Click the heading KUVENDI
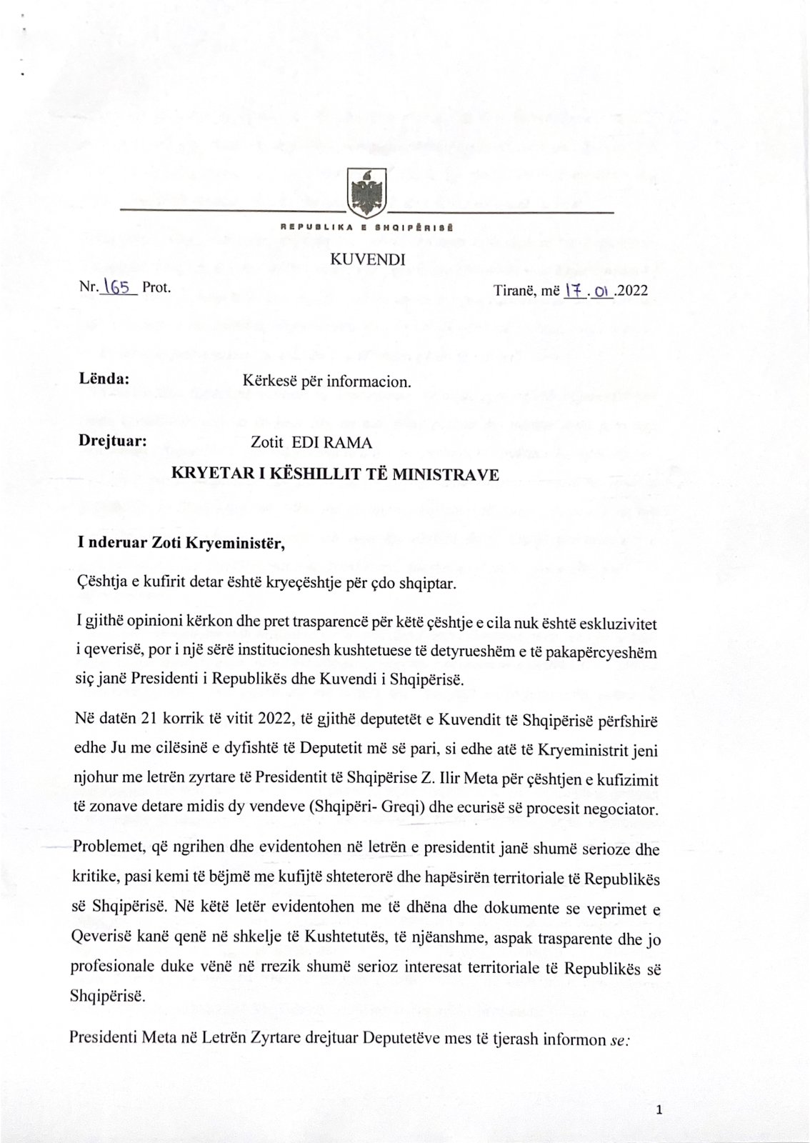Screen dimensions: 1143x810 point(367,259)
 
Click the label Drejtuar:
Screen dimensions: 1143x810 point(113,441)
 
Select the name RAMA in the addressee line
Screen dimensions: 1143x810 point(349,443)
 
